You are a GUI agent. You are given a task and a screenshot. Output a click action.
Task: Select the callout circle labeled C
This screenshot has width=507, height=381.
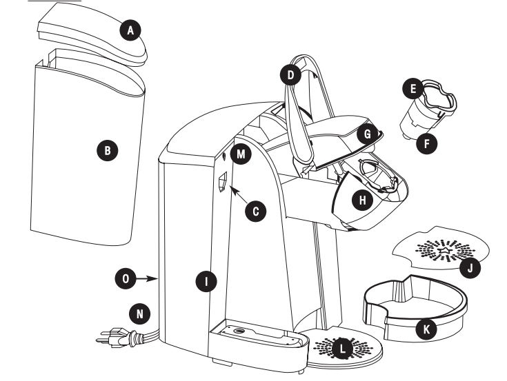click(x=257, y=212)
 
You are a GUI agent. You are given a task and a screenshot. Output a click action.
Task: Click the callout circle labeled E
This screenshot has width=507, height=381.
click(x=414, y=89)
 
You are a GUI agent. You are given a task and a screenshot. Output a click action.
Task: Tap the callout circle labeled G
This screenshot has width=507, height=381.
click(x=368, y=134)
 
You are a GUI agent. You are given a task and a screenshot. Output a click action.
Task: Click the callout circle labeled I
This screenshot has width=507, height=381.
click(x=205, y=280)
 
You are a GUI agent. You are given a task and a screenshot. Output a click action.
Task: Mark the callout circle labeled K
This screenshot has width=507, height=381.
click(x=427, y=330)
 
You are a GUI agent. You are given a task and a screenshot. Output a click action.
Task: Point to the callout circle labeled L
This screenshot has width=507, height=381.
click(x=343, y=349)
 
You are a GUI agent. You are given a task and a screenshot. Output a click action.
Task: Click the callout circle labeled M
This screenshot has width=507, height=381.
click(x=240, y=153)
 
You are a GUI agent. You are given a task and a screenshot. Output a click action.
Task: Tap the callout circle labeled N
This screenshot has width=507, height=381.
click(x=140, y=313)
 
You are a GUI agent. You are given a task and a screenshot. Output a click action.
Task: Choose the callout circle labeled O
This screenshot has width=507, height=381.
click(x=126, y=278)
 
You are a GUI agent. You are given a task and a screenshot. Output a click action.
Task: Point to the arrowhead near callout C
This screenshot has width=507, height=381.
click(x=235, y=189)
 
